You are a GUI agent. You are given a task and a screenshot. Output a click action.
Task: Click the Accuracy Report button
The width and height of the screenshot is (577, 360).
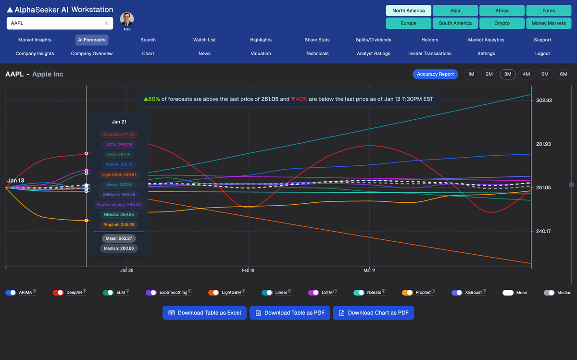pyautogui.click(x=435, y=74)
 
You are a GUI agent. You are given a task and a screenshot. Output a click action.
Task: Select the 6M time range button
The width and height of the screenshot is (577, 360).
pyautogui.click(x=563, y=74)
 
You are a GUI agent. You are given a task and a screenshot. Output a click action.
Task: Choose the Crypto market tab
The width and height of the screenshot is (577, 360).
pyautogui.click(x=502, y=23)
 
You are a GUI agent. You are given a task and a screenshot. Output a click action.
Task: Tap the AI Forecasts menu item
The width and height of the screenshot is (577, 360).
pyautogui.click(x=92, y=40)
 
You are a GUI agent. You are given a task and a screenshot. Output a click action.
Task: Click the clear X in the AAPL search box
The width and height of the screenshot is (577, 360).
pyautogui.click(x=106, y=23)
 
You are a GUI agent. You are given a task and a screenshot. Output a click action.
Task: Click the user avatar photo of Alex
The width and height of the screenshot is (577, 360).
pyautogui.click(x=127, y=19)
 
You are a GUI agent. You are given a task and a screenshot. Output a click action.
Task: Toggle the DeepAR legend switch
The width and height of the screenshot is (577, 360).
pyautogui.click(x=58, y=292)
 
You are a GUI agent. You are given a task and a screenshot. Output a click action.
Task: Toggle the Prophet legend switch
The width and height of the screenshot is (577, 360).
pyautogui.click(x=407, y=292)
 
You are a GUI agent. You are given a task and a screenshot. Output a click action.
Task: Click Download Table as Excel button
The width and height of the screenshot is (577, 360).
pyautogui.click(x=204, y=313)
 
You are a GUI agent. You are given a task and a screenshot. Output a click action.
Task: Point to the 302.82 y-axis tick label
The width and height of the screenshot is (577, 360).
pyautogui.click(x=544, y=100)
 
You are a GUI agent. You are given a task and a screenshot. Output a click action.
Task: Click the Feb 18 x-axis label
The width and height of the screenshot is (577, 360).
pyautogui.click(x=248, y=271)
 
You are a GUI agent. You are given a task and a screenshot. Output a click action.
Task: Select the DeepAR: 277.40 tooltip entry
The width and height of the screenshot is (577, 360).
pyautogui.click(x=119, y=135)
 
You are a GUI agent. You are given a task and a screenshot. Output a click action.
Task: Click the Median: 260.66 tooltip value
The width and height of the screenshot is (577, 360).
pyautogui.click(x=119, y=248)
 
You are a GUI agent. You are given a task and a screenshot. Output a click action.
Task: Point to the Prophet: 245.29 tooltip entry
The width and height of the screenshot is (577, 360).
pyautogui.click(x=119, y=224)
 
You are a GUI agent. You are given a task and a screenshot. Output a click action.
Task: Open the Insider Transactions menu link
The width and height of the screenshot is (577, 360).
pyautogui.click(x=430, y=53)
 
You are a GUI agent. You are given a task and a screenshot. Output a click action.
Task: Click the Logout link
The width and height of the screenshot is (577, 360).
pyautogui.click(x=542, y=53)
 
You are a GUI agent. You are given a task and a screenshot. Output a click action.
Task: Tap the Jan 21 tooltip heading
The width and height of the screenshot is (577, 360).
pyautogui.click(x=119, y=122)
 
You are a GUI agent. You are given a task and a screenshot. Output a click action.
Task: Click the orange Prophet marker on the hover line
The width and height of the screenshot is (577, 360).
pyautogui.click(x=86, y=221)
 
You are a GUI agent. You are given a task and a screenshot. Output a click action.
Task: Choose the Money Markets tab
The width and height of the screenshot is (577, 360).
pyautogui.click(x=549, y=23)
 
